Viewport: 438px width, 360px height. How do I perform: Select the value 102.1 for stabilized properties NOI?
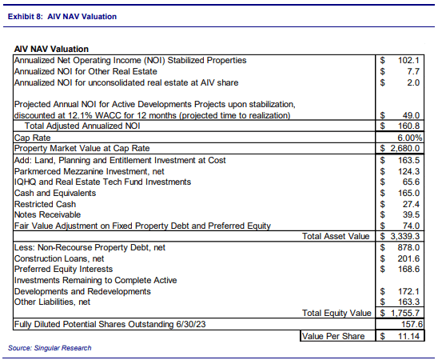[x=409, y=61]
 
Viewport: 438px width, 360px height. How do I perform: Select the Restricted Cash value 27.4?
[x=411, y=204]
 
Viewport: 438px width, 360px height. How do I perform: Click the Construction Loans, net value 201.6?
[x=409, y=259]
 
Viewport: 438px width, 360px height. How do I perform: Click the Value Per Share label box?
[x=336, y=336]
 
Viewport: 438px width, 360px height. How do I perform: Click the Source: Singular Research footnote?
[x=49, y=348]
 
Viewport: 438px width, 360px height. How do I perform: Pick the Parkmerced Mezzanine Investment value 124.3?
[x=409, y=170]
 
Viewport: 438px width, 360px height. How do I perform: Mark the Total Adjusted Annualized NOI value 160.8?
[x=409, y=126]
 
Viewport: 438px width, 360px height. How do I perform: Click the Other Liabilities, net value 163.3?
[x=409, y=302]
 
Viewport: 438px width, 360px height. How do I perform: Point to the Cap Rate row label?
[x=33, y=138]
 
